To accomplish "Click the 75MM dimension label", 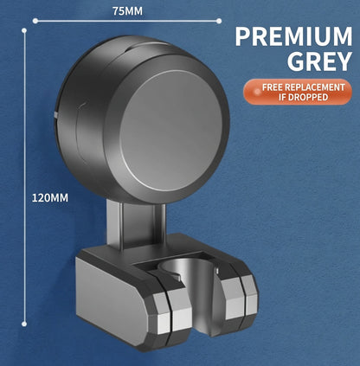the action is tap(127, 11).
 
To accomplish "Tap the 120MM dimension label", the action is tap(50, 198).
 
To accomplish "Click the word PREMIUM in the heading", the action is tap(293, 36).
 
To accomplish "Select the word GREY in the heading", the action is tap(319, 61).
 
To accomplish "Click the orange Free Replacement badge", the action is tap(298, 92).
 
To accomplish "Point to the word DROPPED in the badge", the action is tap(308, 97).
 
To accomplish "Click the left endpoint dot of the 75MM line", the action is tap(35, 21).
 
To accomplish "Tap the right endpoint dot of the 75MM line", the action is tap(219, 21).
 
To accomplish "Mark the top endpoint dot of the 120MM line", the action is tap(24, 30).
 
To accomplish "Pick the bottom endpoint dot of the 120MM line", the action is tap(24, 324).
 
